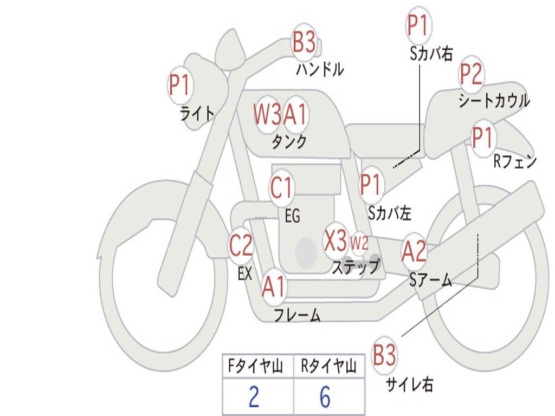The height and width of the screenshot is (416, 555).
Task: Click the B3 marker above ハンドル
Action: point(304,42)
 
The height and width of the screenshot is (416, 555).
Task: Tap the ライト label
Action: point(197,113)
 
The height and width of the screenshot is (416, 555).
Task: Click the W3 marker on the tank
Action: point(268,114)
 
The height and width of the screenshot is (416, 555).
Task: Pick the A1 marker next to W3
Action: point(295,114)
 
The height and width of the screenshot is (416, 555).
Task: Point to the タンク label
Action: point(289,142)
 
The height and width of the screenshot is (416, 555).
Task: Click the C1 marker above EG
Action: point(282,188)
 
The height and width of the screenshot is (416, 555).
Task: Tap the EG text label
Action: point(292,216)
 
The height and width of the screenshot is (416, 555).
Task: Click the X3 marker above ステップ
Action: point(335,240)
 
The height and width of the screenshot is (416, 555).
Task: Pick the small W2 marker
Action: point(359,243)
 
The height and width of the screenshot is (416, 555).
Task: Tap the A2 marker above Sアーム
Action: point(414,251)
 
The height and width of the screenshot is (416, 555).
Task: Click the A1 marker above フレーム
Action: point(274,287)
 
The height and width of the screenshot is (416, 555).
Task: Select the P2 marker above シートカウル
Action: point(472,74)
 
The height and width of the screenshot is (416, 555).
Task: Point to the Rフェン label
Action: point(514,161)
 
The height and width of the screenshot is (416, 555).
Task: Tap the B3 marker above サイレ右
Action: point(384,356)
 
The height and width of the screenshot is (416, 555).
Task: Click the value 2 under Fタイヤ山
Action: point(254,397)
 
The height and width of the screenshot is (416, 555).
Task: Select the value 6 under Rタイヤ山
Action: point(325,397)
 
